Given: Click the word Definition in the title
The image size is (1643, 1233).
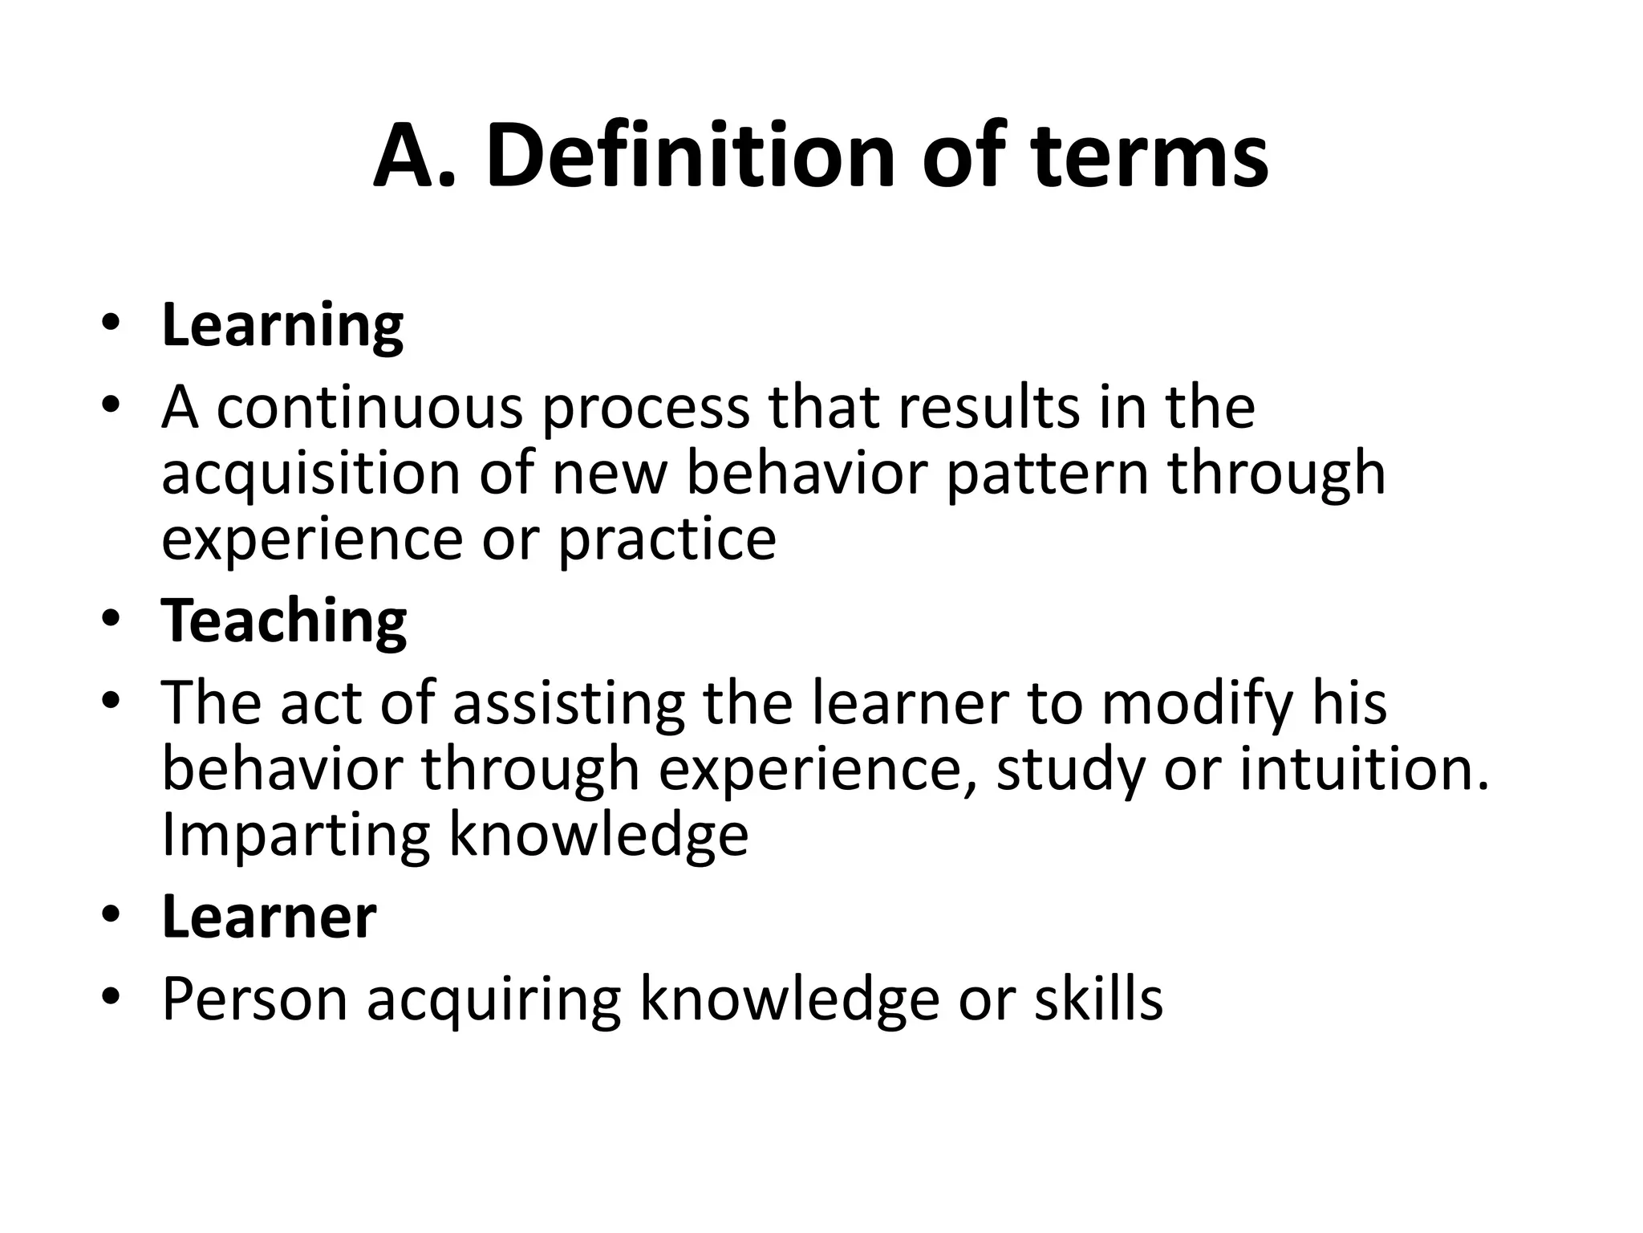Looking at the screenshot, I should tap(690, 156).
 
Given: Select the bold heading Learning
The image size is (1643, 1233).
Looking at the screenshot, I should tap(282, 326).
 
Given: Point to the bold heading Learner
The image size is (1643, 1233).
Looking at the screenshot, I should tap(269, 917).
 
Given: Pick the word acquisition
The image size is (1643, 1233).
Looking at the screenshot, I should tap(310, 474).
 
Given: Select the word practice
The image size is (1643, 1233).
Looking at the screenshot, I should tap(667, 539).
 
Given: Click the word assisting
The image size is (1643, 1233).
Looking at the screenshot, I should tap(569, 703).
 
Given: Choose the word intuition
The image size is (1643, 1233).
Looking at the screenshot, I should tap(1364, 769).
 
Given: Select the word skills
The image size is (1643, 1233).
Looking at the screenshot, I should tap(1098, 999).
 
